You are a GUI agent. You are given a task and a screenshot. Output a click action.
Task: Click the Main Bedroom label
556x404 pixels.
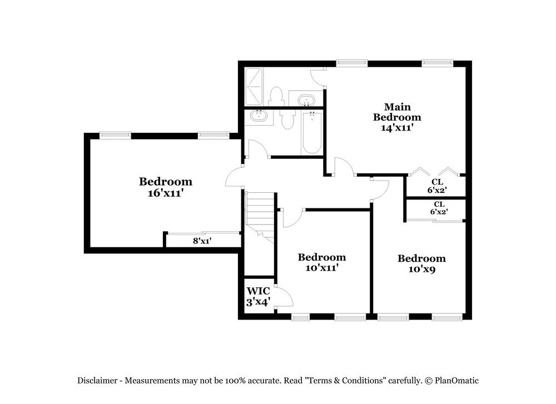pyautogui.click(x=396, y=112)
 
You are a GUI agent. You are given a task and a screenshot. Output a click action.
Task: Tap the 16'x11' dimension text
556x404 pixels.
pyautogui.click(x=165, y=193)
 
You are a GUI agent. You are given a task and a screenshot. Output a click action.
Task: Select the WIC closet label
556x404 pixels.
pyautogui.click(x=259, y=291)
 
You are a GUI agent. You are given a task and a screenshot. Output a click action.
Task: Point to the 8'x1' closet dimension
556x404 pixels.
pyautogui.click(x=202, y=241)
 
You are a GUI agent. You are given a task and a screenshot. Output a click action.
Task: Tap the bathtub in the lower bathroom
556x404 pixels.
pyautogui.click(x=312, y=133)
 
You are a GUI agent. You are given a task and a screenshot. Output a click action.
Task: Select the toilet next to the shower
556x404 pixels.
pyautogui.click(x=276, y=96)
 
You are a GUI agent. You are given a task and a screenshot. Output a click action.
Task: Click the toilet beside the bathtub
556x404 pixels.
pyautogui.click(x=287, y=119)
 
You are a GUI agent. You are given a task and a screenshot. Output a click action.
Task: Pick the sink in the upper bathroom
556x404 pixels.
pyautogui.click(x=306, y=101)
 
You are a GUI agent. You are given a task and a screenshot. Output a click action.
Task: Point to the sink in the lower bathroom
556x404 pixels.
pyautogui.click(x=259, y=117)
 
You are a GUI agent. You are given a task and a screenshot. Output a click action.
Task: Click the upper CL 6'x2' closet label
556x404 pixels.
pyautogui.click(x=438, y=186)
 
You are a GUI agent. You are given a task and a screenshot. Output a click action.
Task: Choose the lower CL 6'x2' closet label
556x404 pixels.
pyautogui.click(x=439, y=208)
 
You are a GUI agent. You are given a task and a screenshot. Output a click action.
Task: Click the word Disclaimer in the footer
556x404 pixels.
pyautogui.click(x=97, y=381)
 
